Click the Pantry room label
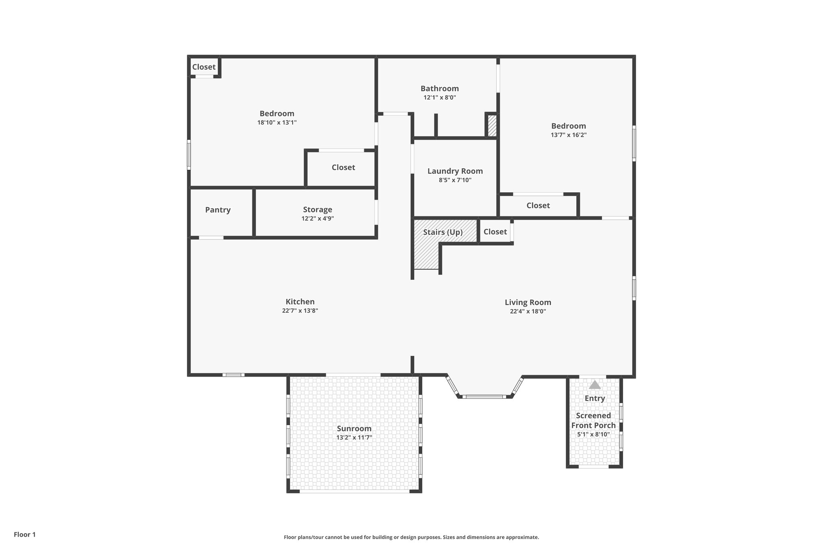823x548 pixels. pos(218,210)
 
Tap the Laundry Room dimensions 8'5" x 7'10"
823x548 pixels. pos(455,180)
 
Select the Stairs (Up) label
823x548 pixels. pos(443,232)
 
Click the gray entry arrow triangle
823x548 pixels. pos(594,385)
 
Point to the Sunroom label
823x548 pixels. pos(354,429)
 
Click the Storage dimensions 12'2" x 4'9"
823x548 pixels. pos(317,219)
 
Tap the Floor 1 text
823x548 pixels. pos(25,534)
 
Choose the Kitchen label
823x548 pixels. pos(300,302)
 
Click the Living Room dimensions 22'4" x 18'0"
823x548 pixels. pos(528,311)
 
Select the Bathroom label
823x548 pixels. pos(440,88)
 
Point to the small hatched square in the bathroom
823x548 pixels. pos(492,126)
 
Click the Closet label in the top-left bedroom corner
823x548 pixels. pos(204,67)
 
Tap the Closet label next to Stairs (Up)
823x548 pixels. pos(495,232)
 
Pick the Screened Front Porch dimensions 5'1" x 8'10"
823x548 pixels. pos(593,434)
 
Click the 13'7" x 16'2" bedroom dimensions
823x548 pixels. pos(568,135)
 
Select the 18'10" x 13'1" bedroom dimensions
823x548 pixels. pos(277,122)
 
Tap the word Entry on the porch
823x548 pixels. pos(594,398)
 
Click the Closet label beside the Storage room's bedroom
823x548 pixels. pos(343,167)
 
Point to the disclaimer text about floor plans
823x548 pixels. pos(411,537)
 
